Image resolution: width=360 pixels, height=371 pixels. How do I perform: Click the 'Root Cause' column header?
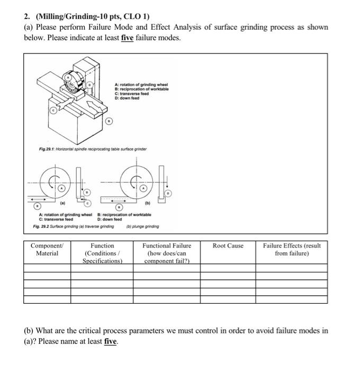tap(228, 246)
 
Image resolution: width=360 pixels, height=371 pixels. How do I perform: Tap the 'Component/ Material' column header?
tap(47, 250)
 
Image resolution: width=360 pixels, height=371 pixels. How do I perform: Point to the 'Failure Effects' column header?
tap(292, 250)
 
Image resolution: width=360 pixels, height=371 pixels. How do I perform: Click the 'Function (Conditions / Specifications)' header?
tap(102, 253)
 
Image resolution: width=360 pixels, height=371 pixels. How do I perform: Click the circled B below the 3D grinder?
tap(110, 121)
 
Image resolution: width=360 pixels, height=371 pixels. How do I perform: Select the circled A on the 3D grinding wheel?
tap(68, 77)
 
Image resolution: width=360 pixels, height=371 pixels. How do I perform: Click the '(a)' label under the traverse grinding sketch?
tap(62, 203)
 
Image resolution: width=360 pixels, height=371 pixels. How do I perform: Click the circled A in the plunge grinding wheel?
tap(143, 188)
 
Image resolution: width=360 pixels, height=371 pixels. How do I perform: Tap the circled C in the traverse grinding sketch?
tap(88, 202)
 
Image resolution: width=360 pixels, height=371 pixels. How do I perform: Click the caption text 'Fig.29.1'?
tap(47, 149)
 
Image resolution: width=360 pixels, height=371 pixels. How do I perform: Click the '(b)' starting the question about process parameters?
tap(30, 331)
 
